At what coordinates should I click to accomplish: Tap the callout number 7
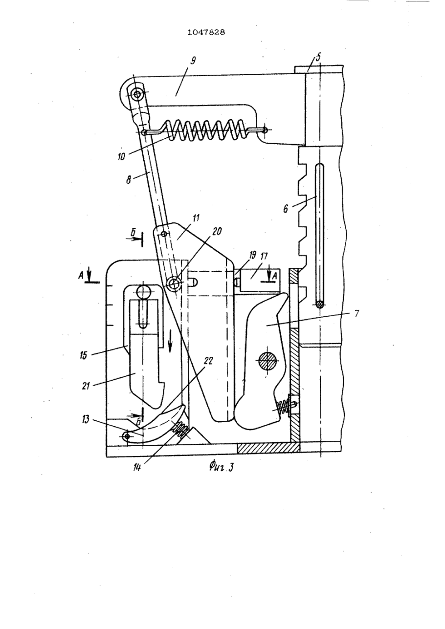[357, 313]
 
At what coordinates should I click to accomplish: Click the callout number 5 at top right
[318, 58]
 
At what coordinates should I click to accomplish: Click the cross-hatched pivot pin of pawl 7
[268, 362]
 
